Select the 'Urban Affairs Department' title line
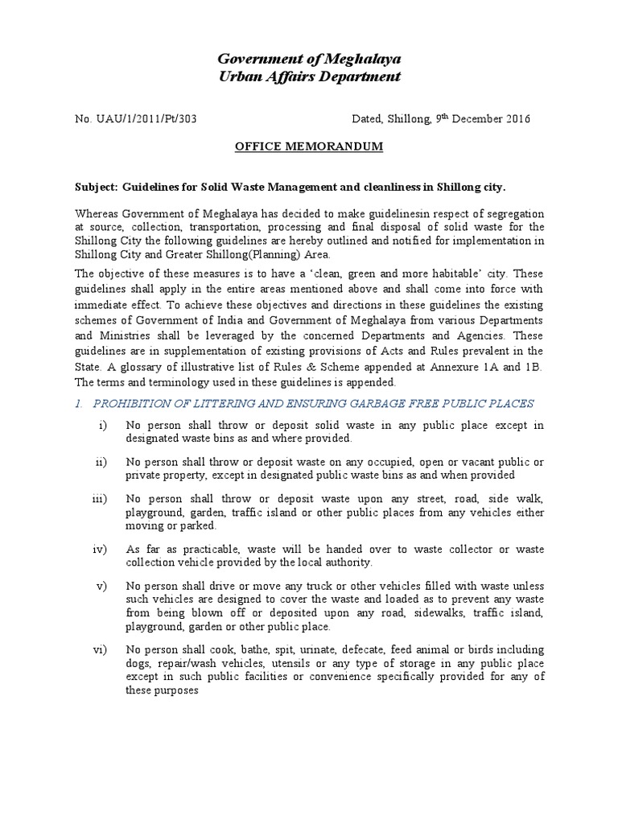click(x=309, y=77)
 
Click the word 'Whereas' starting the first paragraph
click(x=97, y=214)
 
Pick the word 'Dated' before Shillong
click(x=368, y=119)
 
